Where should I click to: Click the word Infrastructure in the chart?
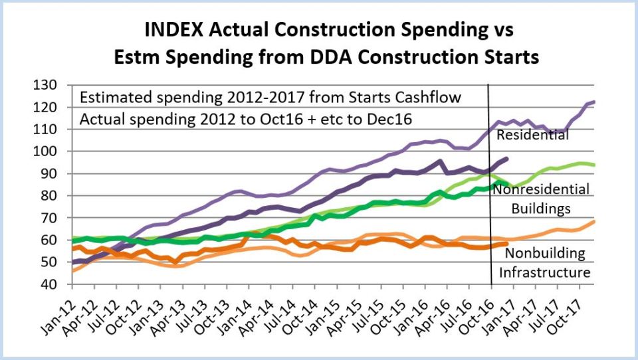pos(544,272)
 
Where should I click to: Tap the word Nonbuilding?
pos(545,253)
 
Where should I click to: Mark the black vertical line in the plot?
pos(490,199)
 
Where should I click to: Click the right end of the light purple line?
pos(593,102)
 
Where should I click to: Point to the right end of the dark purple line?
pos(507,159)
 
